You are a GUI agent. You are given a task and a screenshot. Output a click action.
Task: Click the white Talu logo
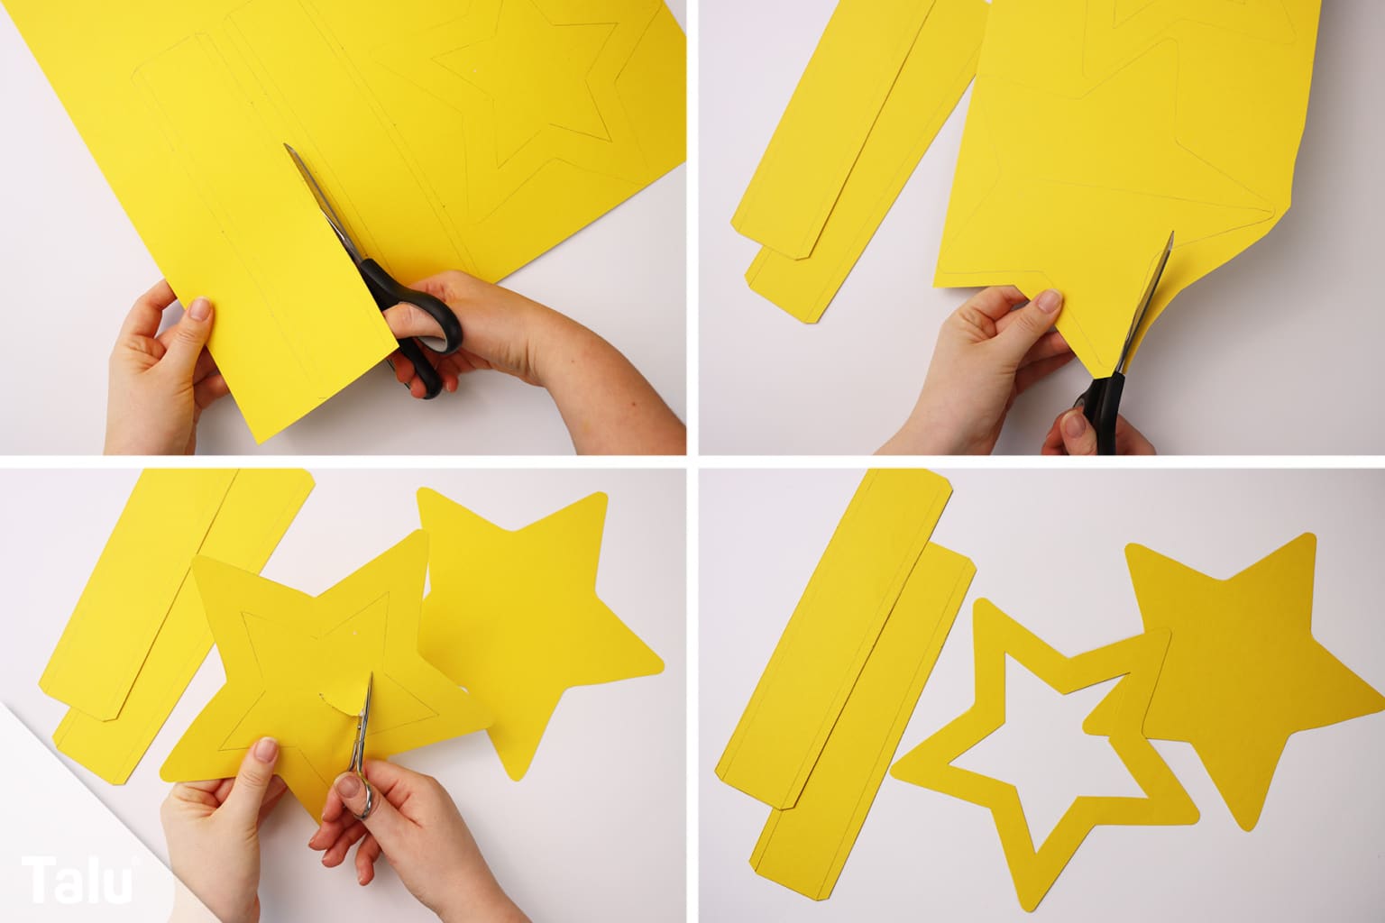pos(78,880)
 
